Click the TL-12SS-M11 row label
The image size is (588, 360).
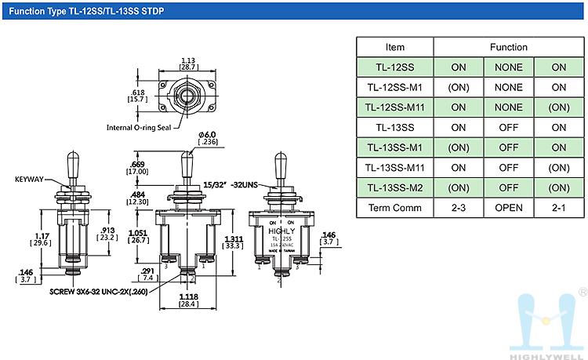(x=394, y=107)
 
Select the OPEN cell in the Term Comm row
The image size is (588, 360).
(x=508, y=208)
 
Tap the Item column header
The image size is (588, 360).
(x=394, y=47)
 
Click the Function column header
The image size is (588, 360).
(x=508, y=47)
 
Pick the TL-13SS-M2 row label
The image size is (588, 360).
(x=394, y=187)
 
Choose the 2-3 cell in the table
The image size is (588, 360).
(x=458, y=208)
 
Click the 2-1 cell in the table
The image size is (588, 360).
(x=558, y=208)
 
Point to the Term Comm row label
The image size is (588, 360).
(x=394, y=208)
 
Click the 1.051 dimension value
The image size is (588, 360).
(x=138, y=233)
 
